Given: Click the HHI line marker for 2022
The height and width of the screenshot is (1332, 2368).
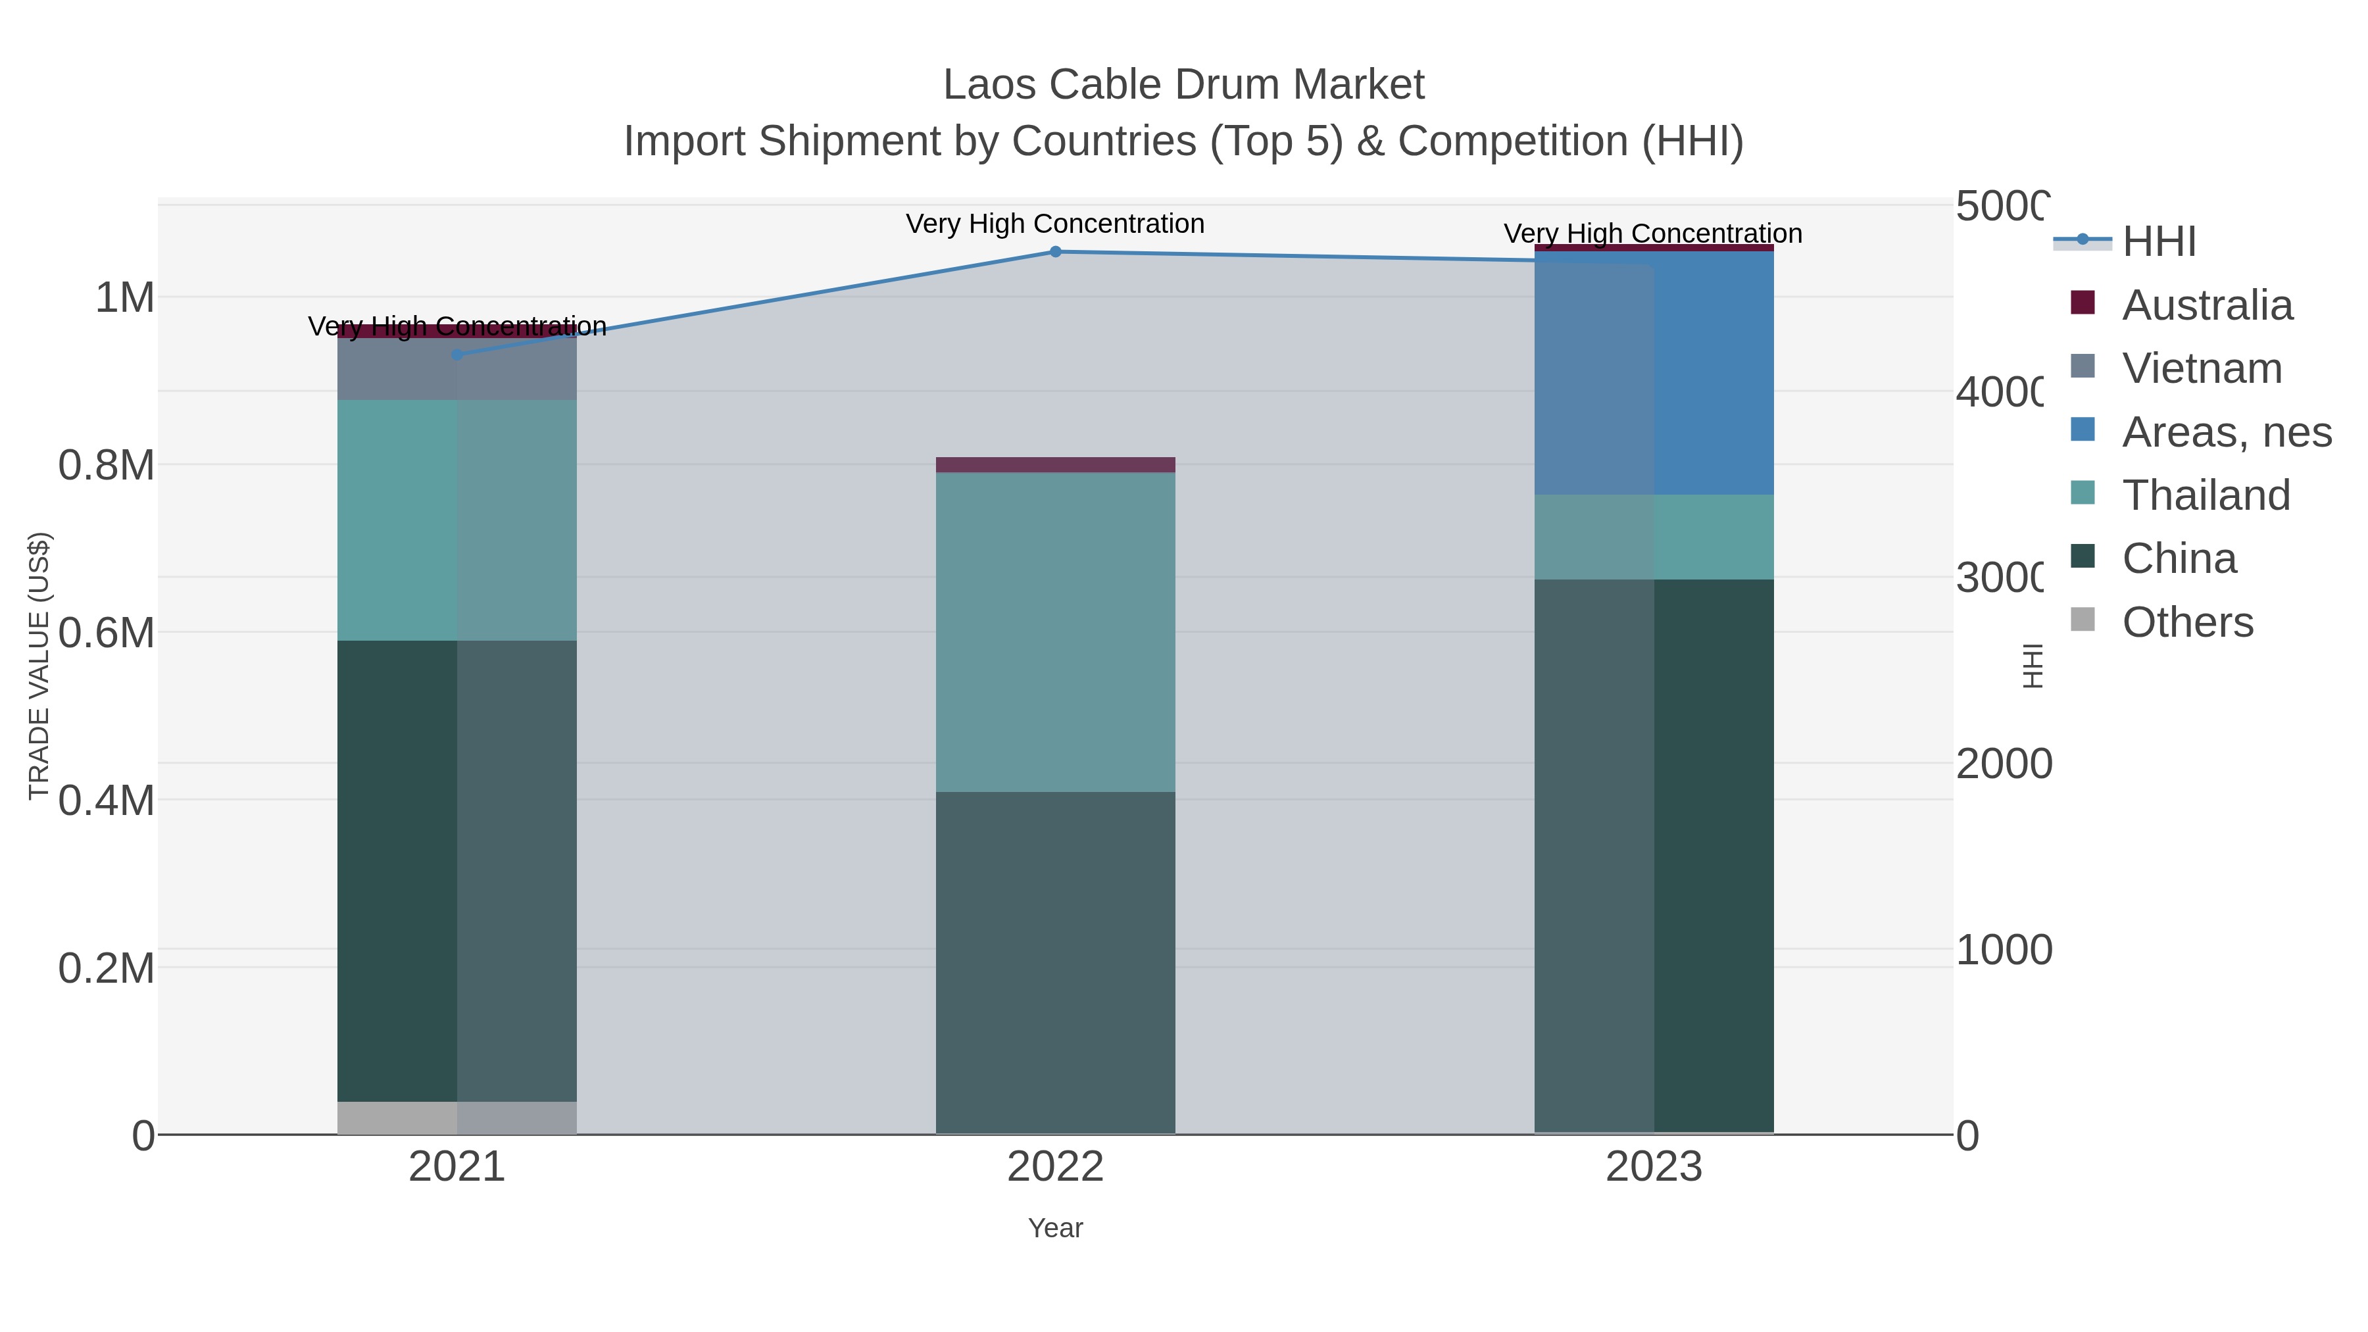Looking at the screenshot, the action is coord(1055,252).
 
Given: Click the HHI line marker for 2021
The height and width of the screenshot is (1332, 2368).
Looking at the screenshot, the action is coord(457,355).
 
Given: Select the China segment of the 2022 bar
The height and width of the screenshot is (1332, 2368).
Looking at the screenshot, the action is coord(1055,962).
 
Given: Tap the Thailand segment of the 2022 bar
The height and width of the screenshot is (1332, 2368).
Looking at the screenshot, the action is coord(1055,632).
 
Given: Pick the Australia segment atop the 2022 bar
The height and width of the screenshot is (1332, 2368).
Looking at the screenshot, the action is coord(1055,465).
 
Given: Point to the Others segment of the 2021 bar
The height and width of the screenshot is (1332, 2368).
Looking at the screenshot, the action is coord(457,1118).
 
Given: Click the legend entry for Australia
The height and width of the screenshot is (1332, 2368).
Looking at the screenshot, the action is coord(2206,305).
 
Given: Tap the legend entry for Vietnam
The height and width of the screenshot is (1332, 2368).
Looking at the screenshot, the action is coord(2201,368).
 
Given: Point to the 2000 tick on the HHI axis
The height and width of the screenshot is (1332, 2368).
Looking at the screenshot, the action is coord(2002,764).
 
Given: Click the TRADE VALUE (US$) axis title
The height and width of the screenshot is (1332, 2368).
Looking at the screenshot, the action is coord(39,666).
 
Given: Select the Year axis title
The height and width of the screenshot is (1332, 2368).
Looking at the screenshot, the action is coord(1055,1228).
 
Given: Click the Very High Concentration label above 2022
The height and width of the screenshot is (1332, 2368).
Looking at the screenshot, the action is coord(1055,224).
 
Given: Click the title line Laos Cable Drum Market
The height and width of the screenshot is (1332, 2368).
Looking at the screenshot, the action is coord(1183,86).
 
